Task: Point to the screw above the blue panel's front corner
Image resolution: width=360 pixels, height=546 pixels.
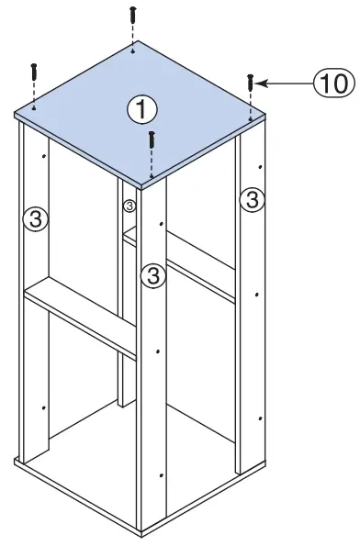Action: tap(152, 142)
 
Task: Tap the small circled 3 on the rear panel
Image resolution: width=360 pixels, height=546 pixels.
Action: tap(129, 206)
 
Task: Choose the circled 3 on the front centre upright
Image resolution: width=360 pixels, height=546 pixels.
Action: tap(153, 274)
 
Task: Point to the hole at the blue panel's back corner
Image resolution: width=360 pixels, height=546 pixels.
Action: tap(134, 53)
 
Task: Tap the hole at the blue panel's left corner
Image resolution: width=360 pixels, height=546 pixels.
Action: tap(33, 107)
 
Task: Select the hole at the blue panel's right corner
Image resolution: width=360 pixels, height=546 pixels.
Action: tap(250, 117)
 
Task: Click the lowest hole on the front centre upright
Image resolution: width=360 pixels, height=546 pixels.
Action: tap(162, 474)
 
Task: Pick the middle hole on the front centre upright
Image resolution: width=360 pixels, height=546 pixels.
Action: tap(161, 351)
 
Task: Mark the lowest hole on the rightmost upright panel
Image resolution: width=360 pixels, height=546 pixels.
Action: tap(261, 418)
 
